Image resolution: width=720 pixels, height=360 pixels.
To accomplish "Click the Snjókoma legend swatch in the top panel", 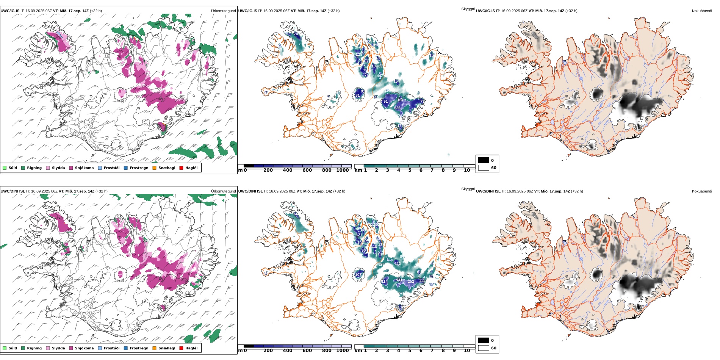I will coord(71,168).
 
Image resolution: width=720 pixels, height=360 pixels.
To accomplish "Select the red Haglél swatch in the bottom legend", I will coord(182,348).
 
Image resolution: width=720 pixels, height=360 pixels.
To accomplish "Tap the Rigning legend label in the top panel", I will coord(34,168).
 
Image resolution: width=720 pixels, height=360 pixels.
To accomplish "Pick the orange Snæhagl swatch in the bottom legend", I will coord(155,348).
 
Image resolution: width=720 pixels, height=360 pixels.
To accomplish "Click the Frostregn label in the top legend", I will coord(139,168).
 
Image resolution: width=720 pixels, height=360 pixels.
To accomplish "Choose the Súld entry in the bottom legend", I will coord(5,348).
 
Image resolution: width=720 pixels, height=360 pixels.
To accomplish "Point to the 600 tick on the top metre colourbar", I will coord(307,171).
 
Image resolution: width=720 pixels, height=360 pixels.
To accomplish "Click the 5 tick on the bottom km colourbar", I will coord(410,351).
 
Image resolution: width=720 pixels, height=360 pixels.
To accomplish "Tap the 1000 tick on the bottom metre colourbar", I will coord(342,351).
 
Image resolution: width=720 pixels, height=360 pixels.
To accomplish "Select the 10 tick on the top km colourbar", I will coord(467,171).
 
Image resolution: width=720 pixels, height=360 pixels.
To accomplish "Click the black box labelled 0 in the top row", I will coord(484,160).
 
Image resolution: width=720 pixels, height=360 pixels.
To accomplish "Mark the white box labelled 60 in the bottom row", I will coord(484,348).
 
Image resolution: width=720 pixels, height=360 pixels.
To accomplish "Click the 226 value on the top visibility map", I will coord(397,108).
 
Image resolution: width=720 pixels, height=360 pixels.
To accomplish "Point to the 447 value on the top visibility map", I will coord(379,76).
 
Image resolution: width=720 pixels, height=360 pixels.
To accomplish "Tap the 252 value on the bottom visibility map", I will coord(411,282).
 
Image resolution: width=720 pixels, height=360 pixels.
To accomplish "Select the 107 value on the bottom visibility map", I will coord(358,275).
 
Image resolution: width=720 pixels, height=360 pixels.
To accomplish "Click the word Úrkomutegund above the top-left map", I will coord(223,11).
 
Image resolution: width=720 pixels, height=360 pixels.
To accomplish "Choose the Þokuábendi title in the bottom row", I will coord(702,191).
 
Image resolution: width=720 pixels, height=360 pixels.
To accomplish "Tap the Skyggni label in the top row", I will coord(468,9).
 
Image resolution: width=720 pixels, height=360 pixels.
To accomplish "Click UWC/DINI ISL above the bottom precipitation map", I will coord(13,191).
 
